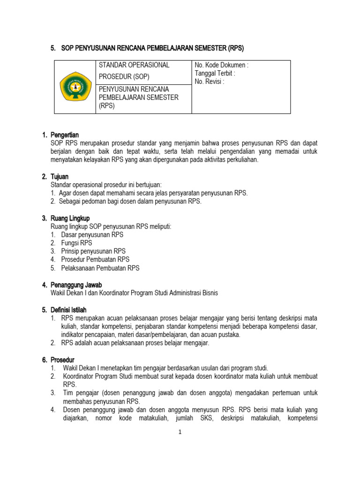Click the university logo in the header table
75,87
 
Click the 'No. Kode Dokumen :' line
221,66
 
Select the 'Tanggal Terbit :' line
215,74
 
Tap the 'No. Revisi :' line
210,82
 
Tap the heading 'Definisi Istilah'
71,310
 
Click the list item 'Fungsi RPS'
76,243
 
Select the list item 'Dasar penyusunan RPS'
92,235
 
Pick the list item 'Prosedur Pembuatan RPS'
95,260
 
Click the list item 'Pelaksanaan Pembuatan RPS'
100,268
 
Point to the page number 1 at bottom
180,432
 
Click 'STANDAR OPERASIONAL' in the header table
134,65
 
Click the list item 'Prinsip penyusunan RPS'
93,251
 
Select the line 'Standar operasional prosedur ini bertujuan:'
105,185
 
